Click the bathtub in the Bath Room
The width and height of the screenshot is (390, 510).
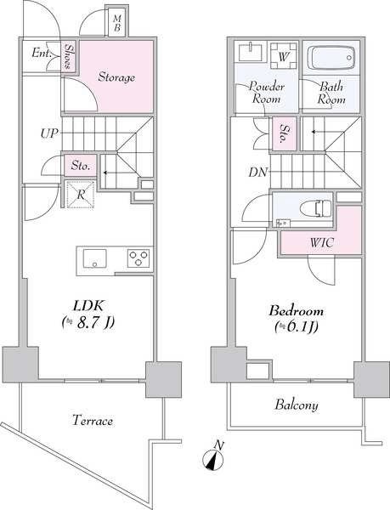(x=331, y=58)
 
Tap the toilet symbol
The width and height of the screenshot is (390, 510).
(x=317, y=208)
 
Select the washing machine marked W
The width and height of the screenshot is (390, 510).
(x=284, y=55)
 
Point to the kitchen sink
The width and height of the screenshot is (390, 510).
(x=94, y=258)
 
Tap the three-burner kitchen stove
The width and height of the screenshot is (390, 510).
(x=138, y=258)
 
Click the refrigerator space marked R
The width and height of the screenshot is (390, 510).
(x=80, y=195)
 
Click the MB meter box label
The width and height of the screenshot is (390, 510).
(x=117, y=24)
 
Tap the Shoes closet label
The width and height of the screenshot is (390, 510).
(x=68, y=56)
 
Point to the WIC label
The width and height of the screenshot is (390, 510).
(x=321, y=242)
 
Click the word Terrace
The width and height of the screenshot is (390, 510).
(x=93, y=420)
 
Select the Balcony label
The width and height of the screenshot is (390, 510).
(x=297, y=405)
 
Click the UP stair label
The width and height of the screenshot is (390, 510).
(x=49, y=133)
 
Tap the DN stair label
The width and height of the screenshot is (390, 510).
(x=258, y=172)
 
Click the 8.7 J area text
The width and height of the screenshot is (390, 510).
(x=88, y=322)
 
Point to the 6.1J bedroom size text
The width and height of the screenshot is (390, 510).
(x=296, y=326)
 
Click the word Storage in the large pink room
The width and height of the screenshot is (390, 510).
(x=116, y=77)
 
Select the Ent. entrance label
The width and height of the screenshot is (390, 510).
(x=42, y=53)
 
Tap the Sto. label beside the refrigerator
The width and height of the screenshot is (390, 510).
(x=80, y=166)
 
